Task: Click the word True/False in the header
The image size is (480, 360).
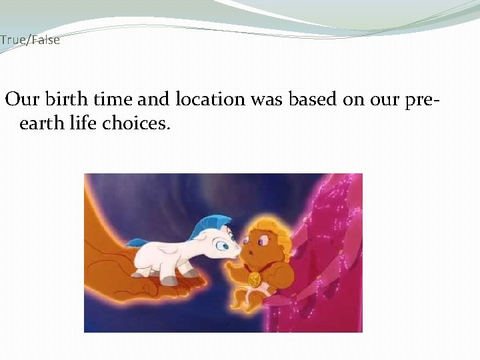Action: coord(30,40)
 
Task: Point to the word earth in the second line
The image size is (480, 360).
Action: coord(39,124)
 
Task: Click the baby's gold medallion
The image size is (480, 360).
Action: coord(254,279)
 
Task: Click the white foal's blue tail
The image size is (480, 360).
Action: coord(137,243)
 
